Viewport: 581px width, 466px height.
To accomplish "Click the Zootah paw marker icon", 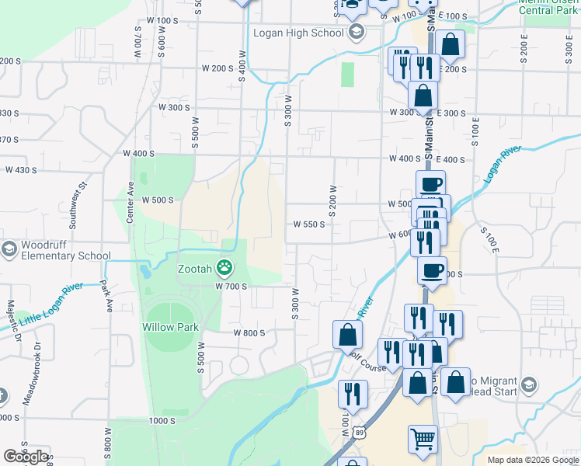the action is pos(224,269).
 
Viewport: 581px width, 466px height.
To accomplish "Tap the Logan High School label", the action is pos(298,33).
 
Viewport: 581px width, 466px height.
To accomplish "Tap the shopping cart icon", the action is pos(423,439).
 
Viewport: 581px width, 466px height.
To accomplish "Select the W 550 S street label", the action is pos(308,224).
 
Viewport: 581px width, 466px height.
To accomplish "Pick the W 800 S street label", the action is pos(249,332).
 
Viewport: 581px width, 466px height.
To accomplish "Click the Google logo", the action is pos(26,457).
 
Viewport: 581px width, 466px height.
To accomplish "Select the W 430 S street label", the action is pos(21,170).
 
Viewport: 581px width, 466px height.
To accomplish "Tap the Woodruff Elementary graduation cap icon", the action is pos(9,249).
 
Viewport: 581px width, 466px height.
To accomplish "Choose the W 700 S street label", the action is pos(230,287).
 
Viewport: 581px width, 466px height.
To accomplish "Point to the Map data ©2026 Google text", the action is pos(533,460).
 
